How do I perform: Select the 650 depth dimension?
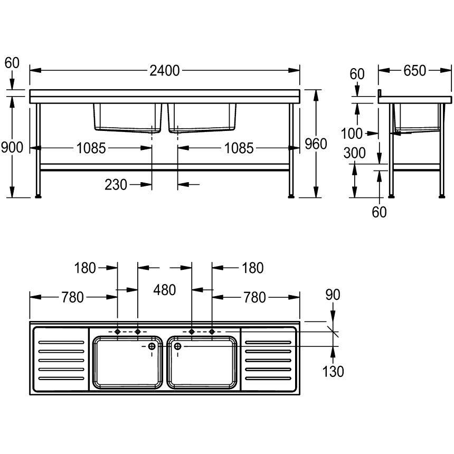tap(414, 70)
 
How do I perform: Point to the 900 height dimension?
tap(12, 147)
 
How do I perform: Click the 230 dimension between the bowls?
tap(116, 184)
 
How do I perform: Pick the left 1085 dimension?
tap(91, 148)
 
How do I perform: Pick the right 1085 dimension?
tap(239, 148)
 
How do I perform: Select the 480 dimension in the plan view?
tap(164, 289)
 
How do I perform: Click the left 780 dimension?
tap(73, 298)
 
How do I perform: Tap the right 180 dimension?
tap(252, 268)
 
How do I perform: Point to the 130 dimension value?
tap(333, 371)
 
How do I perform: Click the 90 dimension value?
tap(333, 295)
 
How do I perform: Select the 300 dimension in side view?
tap(354, 154)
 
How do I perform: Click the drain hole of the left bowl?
tap(152, 346)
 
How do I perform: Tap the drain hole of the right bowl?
tap(177, 346)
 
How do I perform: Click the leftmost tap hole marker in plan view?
tap(117, 332)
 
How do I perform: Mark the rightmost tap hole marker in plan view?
tap(212, 332)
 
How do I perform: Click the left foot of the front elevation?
tap(38, 197)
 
